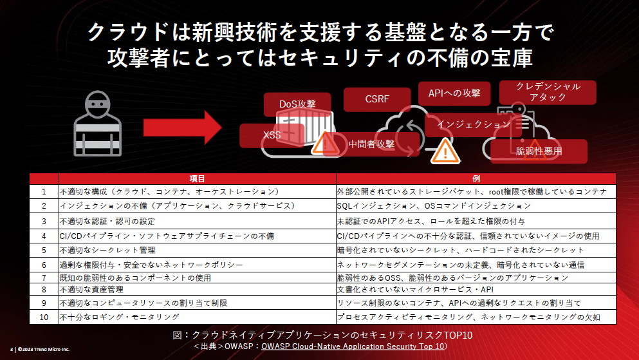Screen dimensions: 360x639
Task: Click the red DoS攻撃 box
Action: (297, 104)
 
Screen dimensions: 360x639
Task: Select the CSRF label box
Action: (376, 99)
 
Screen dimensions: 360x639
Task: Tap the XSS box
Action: (272, 135)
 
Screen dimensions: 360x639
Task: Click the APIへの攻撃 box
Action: (454, 93)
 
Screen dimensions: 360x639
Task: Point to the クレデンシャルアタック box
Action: (548, 91)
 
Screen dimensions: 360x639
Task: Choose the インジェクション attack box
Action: (474, 124)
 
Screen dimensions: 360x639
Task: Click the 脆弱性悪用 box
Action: (539, 151)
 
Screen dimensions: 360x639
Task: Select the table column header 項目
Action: (197, 178)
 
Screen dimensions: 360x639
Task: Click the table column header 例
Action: (476, 178)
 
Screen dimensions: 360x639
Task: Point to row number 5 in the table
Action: (44, 250)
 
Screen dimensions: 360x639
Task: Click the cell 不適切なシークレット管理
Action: (108, 250)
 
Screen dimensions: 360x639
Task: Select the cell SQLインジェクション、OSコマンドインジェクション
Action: (434, 206)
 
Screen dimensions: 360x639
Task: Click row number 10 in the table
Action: (44, 317)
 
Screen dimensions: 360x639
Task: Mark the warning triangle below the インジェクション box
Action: (443, 152)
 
